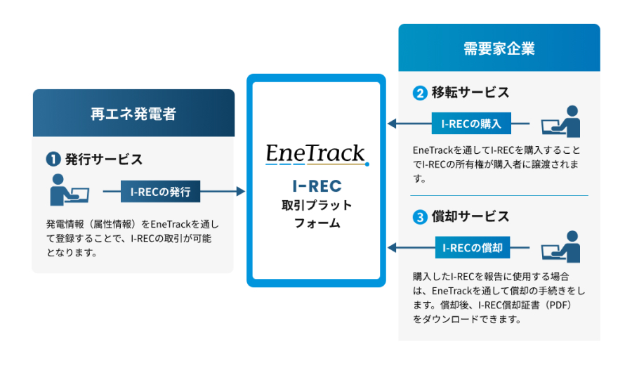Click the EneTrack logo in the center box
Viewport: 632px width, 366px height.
tap(316, 154)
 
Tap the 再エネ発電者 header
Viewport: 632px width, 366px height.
tap(133, 113)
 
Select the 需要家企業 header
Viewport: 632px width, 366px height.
tap(499, 48)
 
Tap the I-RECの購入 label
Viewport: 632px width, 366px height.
tap(471, 124)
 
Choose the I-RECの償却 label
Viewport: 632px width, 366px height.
tap(471, 248)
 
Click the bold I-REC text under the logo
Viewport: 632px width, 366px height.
tap(316, 186)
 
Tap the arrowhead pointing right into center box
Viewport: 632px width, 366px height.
tap(241, 190)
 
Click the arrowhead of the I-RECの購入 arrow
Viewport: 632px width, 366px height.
tap(392, 124)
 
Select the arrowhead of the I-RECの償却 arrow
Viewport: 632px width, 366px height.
tap(392, 248)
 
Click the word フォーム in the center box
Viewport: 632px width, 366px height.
tap(316, 223)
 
